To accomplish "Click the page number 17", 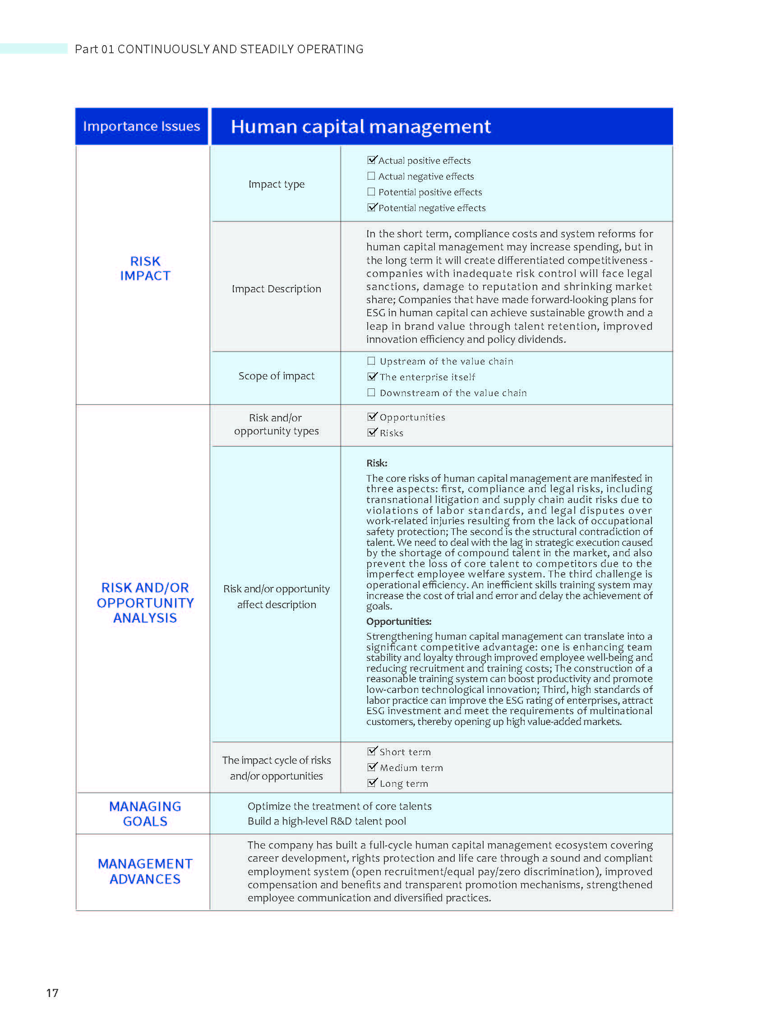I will click(52, 993).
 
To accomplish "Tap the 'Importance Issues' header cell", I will click(141, 126).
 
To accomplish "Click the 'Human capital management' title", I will click(360, 126).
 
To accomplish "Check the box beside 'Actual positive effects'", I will click(372, 160).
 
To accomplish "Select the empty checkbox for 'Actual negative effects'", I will click(371, 176).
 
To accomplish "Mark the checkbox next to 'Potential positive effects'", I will click(371, 191).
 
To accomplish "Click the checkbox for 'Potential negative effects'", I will click(372, 208).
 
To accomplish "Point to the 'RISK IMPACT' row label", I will click(145, 268).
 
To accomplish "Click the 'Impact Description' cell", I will click(276, 289).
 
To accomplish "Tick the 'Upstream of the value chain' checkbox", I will click(371, 361).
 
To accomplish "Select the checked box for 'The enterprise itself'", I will click(372, 377).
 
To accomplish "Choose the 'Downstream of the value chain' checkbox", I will click(371, 392).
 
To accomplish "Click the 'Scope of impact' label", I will click(276, 376).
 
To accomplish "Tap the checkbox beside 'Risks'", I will click(372, 433).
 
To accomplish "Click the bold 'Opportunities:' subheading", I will click(399, 621).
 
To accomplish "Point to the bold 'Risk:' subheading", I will click(377, 463).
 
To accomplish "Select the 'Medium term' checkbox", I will click(372, 767).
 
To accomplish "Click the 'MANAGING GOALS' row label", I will click(145, 814).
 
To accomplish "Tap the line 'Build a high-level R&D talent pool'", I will click(327, 821).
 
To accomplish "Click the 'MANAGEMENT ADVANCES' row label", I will click(145, 871).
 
